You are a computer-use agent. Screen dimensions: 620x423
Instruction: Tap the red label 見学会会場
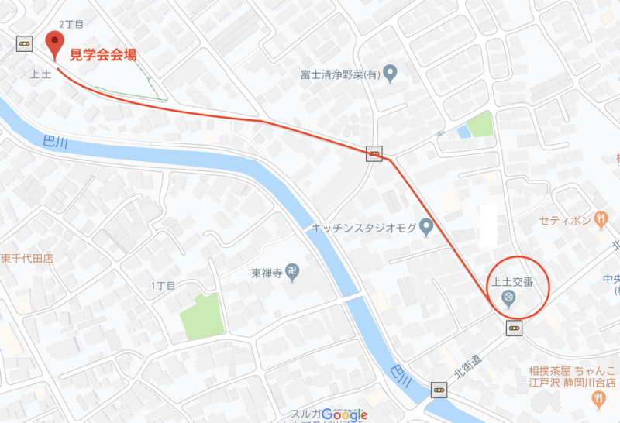point(105,54)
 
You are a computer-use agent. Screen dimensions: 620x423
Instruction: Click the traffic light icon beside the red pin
point(26,43)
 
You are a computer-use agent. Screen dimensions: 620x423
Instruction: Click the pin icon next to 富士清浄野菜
point(391,75)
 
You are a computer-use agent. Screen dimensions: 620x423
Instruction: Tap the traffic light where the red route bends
point(374,153)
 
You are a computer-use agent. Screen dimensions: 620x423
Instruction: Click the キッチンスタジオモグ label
point(362,228)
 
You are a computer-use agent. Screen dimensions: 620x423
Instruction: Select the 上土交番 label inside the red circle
point(510,282)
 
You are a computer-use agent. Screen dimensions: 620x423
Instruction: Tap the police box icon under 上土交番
point(509,298)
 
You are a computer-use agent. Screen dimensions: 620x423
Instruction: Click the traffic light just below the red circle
point(514,329)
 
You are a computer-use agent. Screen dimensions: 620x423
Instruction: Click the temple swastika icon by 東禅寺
point(291,273)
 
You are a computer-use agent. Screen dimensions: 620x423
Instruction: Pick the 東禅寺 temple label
point(265,273)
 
